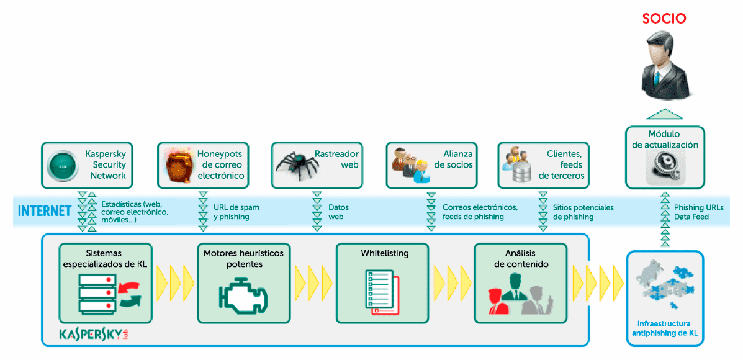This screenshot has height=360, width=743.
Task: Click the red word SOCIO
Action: click(664, 19)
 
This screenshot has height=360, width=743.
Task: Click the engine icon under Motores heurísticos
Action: click(244, 297)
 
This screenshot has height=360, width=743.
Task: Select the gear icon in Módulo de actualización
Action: click(664, 166)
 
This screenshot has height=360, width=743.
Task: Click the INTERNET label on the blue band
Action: click(45, 211)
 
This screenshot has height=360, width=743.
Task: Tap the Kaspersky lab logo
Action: click(93, 334)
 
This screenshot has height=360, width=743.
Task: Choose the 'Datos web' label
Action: click(338, 212)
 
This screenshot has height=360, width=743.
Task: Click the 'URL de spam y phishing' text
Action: click(236, 212)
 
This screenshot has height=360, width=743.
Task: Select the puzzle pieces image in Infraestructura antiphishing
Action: click(664, 289)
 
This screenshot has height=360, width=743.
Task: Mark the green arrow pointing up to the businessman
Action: click(664, 114)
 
